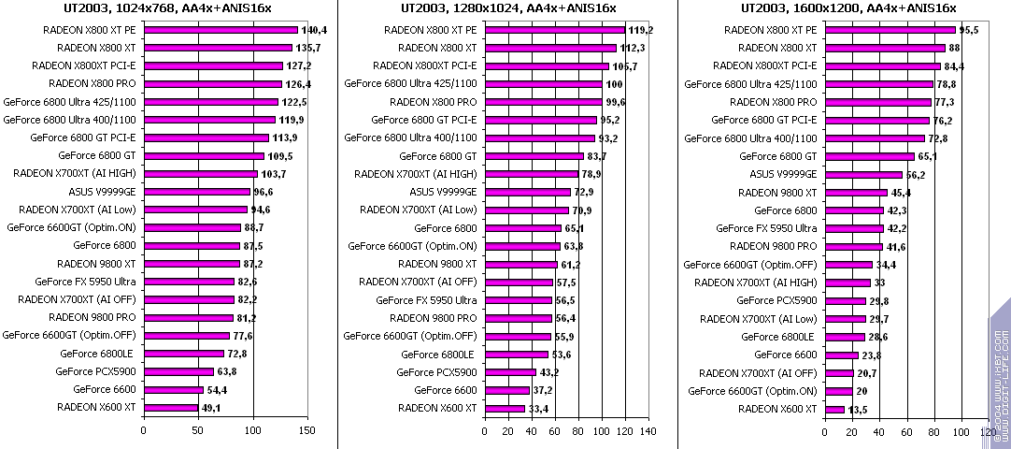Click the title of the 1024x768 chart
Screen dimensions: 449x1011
[x=168, y=8]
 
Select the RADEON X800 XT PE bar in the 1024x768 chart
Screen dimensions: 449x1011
[x=221, y=30]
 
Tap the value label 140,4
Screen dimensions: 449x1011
[x=315, y=30]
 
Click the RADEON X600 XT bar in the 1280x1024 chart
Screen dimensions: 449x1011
[x=505, y=408]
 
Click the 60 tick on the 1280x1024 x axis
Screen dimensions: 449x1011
[x=555, y=430]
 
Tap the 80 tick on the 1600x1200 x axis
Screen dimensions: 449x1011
[x=933, y=430]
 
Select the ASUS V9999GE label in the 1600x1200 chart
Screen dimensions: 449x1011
[x=783, y=174]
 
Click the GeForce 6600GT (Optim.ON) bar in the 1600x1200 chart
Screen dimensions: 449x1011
[x=837, y=390]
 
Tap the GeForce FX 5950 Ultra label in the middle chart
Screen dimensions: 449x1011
[x=426, y=300]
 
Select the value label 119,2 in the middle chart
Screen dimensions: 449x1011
[x=641, y=30]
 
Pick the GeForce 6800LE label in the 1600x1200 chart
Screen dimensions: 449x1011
[x=785, y=337]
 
